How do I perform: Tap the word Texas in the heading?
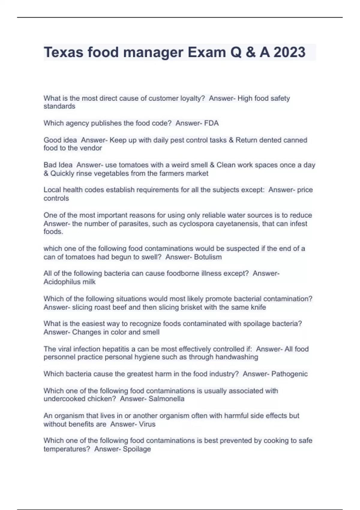tap(64, 52)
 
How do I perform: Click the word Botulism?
tap(208, 257)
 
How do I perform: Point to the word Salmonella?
tap(166, 399)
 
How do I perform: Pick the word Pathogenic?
tap(289, 374)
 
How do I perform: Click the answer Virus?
tap(147, 424)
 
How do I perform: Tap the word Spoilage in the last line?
tap(137, 449)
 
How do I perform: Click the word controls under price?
tap(56, 198)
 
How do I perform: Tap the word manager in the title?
tap(153, 52)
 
